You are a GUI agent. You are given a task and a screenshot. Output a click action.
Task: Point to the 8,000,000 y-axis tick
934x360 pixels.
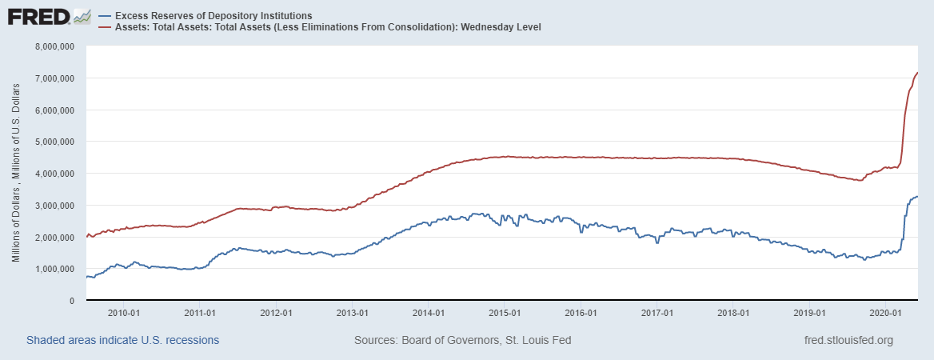tap(54, 46)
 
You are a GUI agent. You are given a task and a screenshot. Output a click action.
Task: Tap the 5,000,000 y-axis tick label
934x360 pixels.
tap(54, 142)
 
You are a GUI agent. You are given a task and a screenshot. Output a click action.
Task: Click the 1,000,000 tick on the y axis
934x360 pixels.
tap(54, 269)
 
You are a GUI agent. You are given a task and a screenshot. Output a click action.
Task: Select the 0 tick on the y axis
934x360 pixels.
tap(70, 301)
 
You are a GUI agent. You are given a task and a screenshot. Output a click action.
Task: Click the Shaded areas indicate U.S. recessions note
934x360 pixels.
tap(123, 341)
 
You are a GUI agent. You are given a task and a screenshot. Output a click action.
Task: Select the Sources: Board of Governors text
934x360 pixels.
tap(462, 341)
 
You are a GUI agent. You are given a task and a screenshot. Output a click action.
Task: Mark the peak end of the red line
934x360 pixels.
tap(917, 73)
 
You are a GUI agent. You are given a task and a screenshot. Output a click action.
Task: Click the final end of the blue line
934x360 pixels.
tap(917, 197)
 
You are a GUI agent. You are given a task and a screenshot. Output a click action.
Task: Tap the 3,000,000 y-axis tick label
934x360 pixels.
tap(54, 206)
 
